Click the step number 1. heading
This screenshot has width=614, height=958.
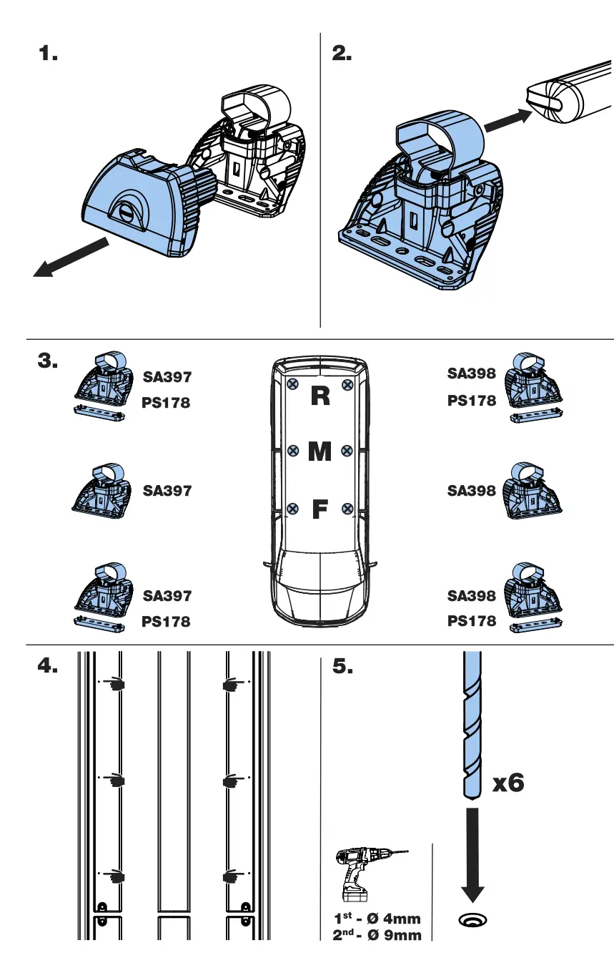(x=48, y=54)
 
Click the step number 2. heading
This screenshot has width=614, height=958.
(x=342, y=54)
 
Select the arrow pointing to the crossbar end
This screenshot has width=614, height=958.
(x=507, y=120)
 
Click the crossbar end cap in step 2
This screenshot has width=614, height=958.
(x=547, y=99)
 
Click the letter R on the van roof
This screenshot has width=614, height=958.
(x=320, y=396)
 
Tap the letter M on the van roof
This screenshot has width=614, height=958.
(x=320, y=451)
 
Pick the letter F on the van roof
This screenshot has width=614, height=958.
(x=320, y=510)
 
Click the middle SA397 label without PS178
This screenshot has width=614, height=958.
(x=167, y=491)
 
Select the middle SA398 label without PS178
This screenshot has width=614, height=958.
(x=471, y=491)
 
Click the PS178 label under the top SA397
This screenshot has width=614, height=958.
(x=166, y=403)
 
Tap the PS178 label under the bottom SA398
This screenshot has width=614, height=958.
(x=471, y=621)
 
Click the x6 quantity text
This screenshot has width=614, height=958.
(x=508, y=783)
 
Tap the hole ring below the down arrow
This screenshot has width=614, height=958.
(x=472, y=919)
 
